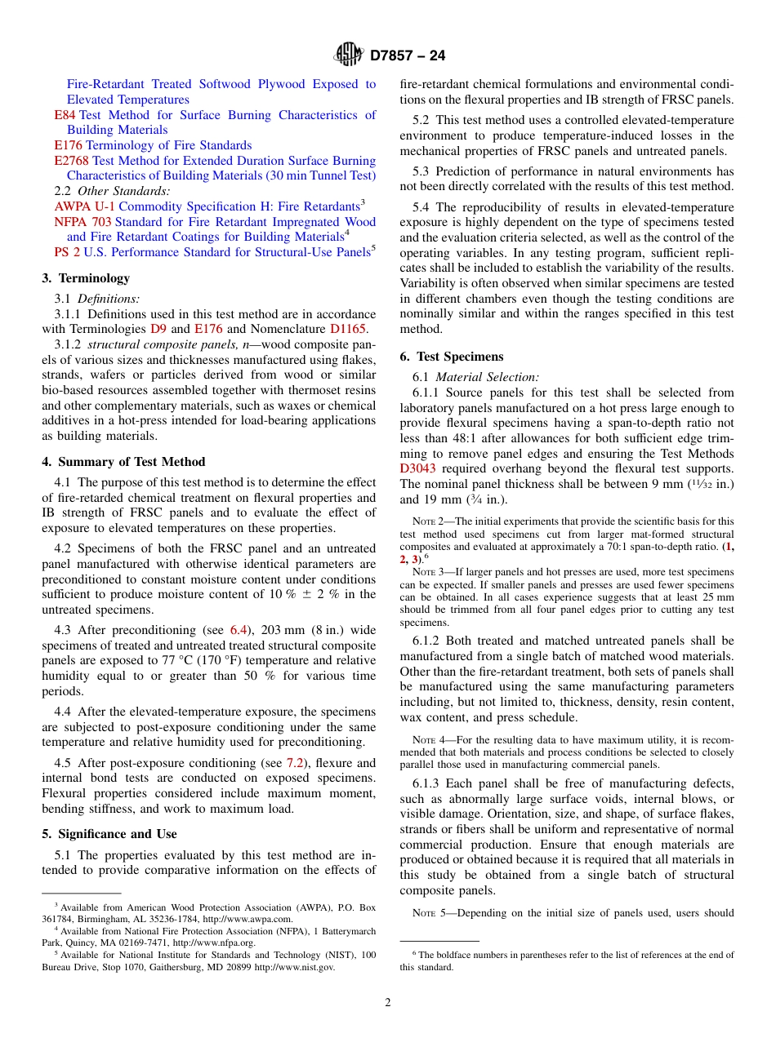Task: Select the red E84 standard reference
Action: click(65, 115)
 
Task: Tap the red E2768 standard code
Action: click(71, 161)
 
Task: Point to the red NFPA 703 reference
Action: click(83, 222)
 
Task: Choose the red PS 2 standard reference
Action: click(67, 253)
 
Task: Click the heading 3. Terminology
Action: click(86, 278)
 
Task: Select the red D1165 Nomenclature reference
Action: click(349, 330)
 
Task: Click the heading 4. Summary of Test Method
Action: click(123, 462)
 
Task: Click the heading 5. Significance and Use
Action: click(109, 834)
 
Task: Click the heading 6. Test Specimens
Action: click(452, 357)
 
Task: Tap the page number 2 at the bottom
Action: click(388, 1003)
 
